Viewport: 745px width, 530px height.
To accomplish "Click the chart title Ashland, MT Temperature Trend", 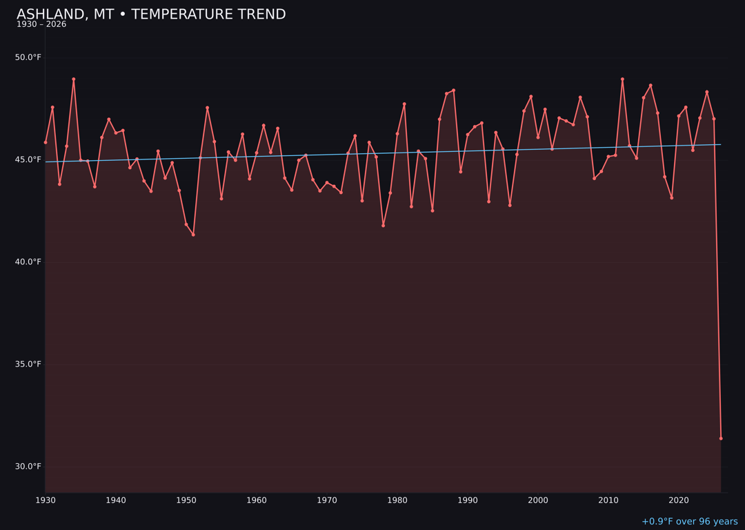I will click(151, 14).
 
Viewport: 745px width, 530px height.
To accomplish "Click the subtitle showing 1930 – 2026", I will click(41, 25).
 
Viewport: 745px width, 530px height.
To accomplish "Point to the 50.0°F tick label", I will click(28, 57).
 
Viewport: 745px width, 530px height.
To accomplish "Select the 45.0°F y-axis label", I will click(28, 159).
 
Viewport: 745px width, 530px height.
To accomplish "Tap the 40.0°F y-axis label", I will click(28, 262).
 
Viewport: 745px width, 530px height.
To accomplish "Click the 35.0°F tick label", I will click(28, 364).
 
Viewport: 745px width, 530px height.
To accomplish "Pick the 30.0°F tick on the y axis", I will click(28, 467).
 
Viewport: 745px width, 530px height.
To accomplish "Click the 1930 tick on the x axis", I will click(46, 500).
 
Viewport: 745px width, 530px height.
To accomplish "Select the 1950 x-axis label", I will click(186, 500).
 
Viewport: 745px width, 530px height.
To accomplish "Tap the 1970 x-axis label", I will click(327, 500).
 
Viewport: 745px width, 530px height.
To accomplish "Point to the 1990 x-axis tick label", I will click(468, 500).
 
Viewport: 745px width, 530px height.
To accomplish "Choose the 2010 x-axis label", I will click(608, 500).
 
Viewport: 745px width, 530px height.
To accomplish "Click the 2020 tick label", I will click(679, 500).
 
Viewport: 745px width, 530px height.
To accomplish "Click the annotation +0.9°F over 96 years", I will click(689, 522).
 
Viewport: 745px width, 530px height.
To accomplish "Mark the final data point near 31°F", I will click(721, 438).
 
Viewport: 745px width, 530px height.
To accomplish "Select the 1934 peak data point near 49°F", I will click(74, 79).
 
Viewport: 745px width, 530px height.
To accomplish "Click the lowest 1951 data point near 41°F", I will click(193, 235).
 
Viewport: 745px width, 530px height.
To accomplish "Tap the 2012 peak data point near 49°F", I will click(622, 79).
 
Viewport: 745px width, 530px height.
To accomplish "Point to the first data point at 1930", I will click(46, 142).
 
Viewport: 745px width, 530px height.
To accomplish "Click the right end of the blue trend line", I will click(721, 144).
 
